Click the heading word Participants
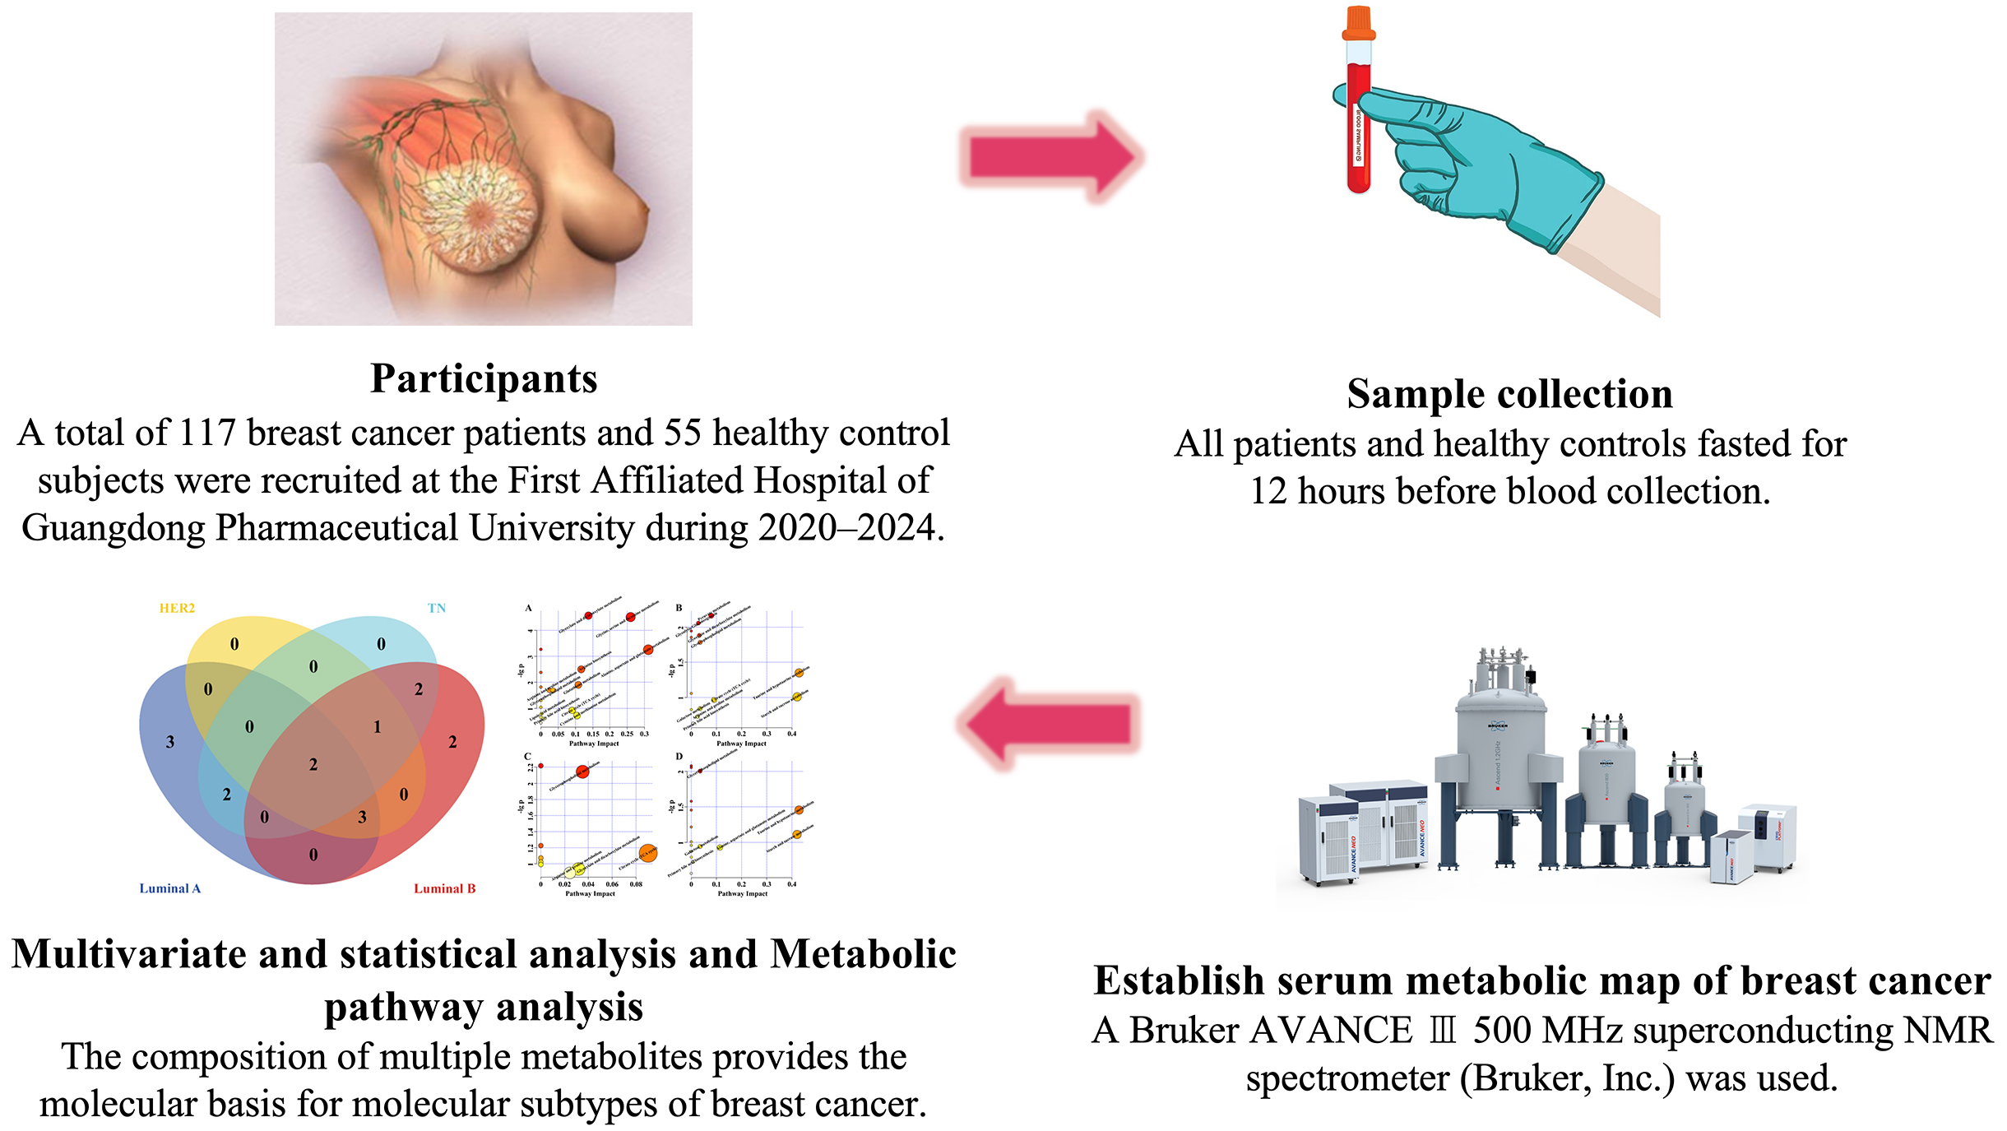tap(484, 379)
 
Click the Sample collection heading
tap(1509, 394)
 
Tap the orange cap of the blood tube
tap(1358, 24)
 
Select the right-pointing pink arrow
tap(1052, 156)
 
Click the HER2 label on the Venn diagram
tap(177, 609)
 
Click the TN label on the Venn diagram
tap(436, 609)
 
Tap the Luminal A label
tap(169, 888)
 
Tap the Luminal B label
tap(444, 888)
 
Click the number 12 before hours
tap(1268, 492)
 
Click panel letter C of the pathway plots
tap(527, 757)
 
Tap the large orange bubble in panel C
tap(647, 853)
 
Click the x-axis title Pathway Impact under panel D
tap(742, 893)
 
